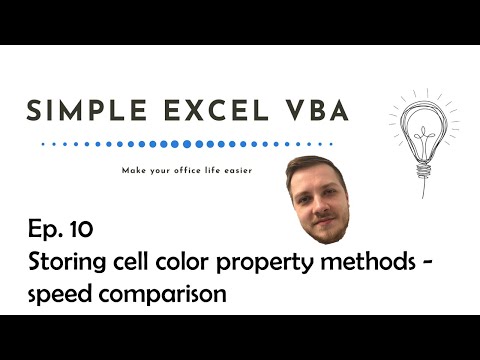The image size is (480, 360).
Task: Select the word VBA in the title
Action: (x=315, y=111)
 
